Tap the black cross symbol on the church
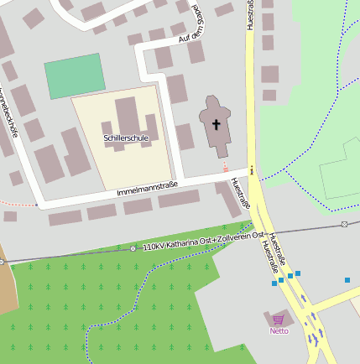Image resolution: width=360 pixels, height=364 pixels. click(216, 125)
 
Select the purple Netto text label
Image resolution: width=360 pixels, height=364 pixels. click(279, 330)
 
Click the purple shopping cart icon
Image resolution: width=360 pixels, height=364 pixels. click(279, 319)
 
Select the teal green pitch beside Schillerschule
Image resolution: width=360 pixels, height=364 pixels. click(76, 75)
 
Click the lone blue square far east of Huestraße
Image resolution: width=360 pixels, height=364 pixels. click(347, 279)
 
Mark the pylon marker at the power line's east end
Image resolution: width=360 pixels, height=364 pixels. click(344, 224)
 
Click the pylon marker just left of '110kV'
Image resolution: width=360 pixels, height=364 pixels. click(133, 249)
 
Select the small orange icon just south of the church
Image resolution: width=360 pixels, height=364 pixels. click(225, 168)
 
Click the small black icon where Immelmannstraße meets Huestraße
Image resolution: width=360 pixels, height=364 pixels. click(252, 174)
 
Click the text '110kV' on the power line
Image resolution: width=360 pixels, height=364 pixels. click(154, 247)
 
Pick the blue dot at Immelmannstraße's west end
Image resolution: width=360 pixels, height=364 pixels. click(38, 204)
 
